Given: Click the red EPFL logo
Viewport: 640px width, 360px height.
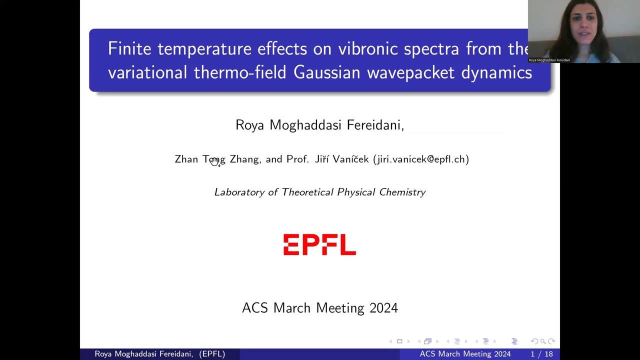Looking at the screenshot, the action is click(x=319, y=244).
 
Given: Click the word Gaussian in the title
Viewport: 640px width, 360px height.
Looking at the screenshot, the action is click(x=327, y=72).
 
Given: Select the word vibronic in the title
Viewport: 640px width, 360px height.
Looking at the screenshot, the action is click(x=367, y=48).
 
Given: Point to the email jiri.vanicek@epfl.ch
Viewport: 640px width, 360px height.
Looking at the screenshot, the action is click(x=421, y=159).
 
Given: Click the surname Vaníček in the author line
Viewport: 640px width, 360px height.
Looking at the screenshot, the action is click(x=350, y=159).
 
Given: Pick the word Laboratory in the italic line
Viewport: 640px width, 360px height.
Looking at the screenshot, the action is click(x=239, y=192).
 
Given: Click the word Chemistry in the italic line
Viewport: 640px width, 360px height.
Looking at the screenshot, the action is click(x=402, y=192).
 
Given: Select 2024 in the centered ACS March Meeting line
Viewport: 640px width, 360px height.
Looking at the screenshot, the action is click(x=383, y=308).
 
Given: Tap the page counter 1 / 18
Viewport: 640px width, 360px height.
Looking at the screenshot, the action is click(x=541, y=354).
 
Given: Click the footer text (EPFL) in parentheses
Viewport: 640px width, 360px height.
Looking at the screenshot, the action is click(x=212, y=354).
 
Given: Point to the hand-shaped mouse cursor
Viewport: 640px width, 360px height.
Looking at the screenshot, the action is click(x=215, y=162).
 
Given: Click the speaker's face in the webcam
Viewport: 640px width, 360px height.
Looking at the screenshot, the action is click(x=583, y=27).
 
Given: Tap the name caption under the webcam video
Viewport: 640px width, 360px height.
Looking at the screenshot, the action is click(x=549, y=60).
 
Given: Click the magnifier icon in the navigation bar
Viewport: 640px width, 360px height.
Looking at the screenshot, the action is click(x=543, y=341).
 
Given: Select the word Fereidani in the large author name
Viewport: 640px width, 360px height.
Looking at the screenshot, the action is click(x=375, y=125).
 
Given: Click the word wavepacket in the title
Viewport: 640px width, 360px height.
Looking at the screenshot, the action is click(x=410, y=73).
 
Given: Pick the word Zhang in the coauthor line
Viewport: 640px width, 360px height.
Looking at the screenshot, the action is click(x=245, y=159).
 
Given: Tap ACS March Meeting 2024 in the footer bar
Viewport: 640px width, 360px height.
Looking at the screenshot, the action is click(x=465, y=354).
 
